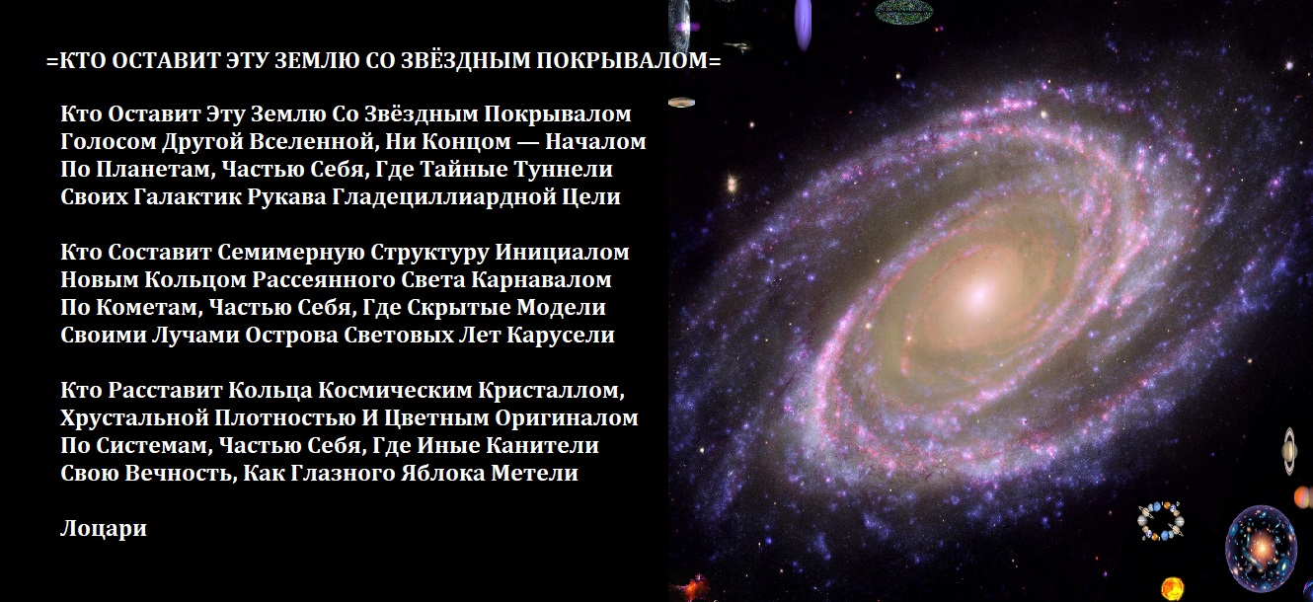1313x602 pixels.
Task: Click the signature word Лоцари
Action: (x=103, y=528)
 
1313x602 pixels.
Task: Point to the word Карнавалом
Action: (x=541, y=279)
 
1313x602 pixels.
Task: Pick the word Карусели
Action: (x=561, y=336)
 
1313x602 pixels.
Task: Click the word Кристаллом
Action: (x=551, y=391)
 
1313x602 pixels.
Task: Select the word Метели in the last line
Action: (x=534, y=473)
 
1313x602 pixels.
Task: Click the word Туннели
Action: (x=563, y=170)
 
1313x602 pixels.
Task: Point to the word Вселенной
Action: (x=312, y=142)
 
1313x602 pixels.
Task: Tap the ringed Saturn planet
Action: (x=1290, y=451)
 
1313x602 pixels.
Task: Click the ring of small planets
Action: (x=1160, y=520)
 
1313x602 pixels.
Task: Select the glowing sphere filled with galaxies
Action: (x=1261, y=548)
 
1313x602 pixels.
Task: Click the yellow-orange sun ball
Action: (x=1173, y=588)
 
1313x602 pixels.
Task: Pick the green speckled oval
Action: (x=904, y=11)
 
